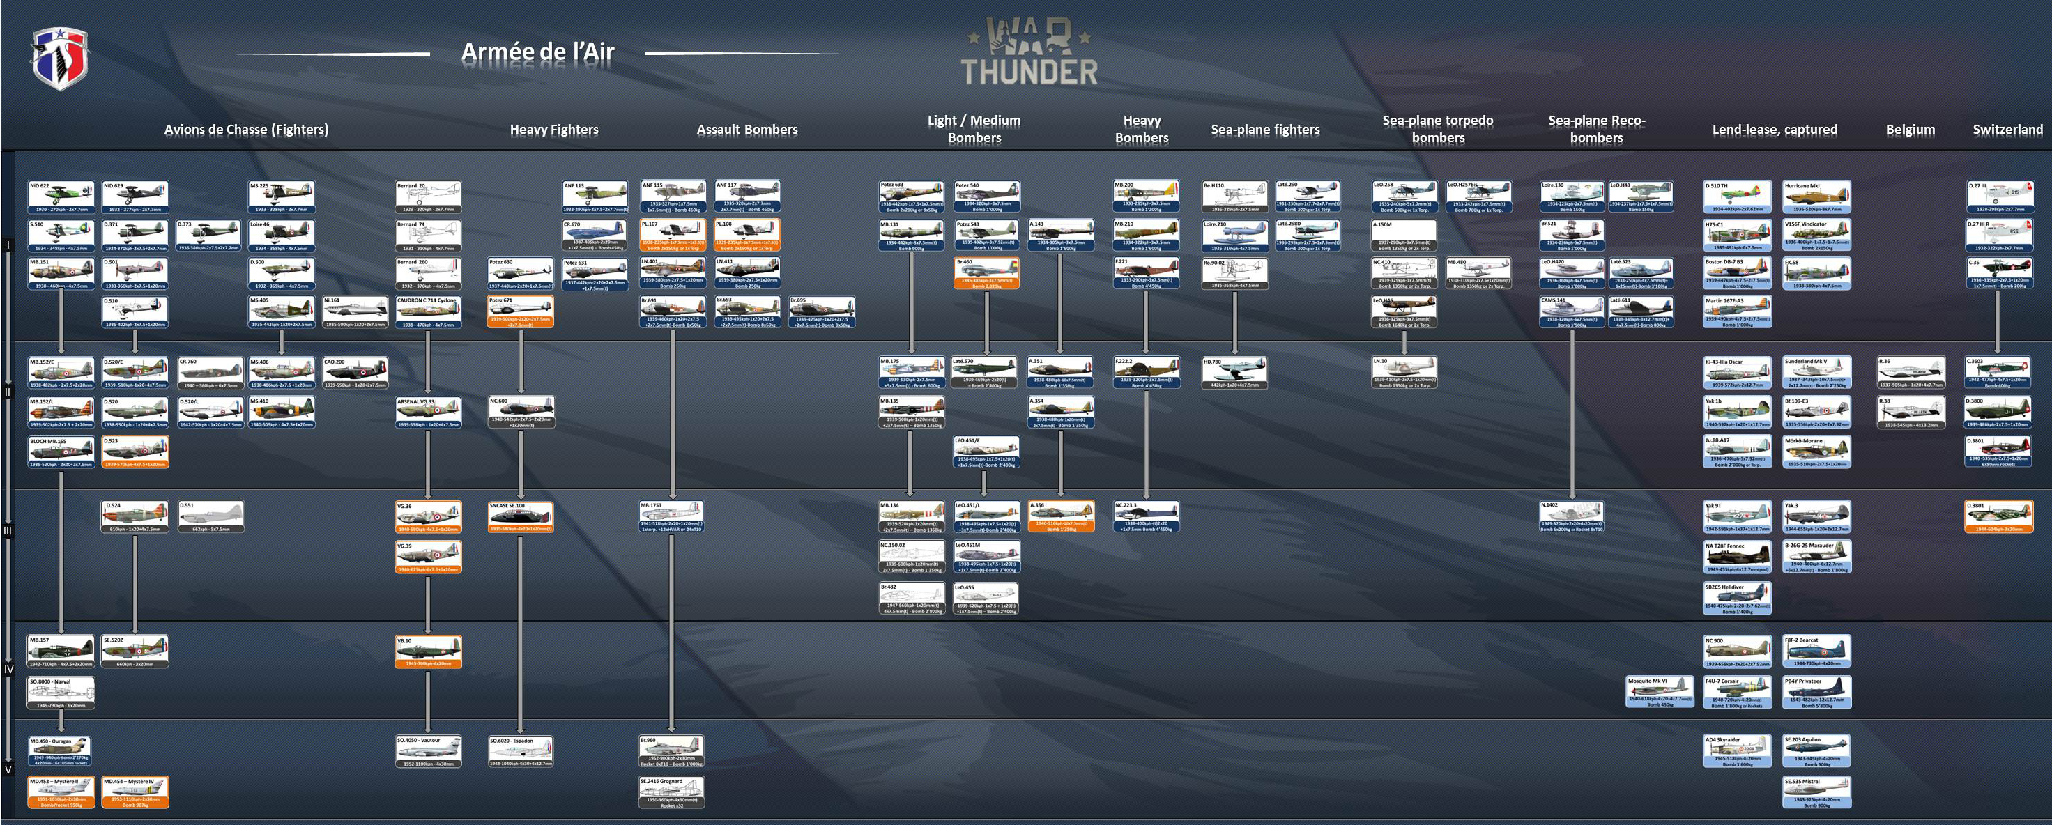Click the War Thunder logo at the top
pyautogui.click(x=1029, y=52)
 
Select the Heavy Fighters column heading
pyautogui.click(x=553, y=130)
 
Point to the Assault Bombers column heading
pyautogui.click(x=746, y=130)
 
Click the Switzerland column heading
pyautogui.click(x=2007, y=130)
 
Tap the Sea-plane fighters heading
pyautogui.click(x=1265, y=130)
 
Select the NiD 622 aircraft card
pyautogui.click(x=61, y=196)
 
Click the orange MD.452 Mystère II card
pyautogui.click(x=61, y=792)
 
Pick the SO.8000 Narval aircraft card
pyautogui.click(x=61, y=693)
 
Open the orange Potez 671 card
pyautogui.click(x=520, y=311)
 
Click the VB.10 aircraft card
pyautogui.click(x=428, y=651)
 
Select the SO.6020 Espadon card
pyautogui.click(x=520, y=751)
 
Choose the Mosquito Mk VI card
pyautogui.click(x=1660, y=691)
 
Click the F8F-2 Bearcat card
pyautogui.click(x=1816, y=651)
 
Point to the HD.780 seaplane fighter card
pyautogui.click(x=1234, y=373)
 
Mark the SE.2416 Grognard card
pyautogui.click(x=671, y=792)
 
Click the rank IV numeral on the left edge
pyautogui.click(x=8, y=669)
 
